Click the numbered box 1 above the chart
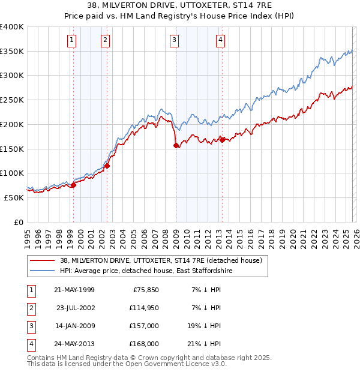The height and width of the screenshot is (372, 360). [71, 40]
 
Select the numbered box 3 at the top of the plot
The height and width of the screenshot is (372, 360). [174, 40]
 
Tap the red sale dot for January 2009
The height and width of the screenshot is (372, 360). [176, 145]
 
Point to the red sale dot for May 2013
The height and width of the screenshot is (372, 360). [222, 140]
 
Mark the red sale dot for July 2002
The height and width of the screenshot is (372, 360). [107, 166]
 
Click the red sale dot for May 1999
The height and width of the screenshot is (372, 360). [74, 185]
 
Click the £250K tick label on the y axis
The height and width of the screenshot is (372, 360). [12, 100]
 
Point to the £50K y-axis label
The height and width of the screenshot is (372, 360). [14, 197]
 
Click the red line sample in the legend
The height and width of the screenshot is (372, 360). [42, 261]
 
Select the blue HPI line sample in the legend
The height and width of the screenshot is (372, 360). [42, 271]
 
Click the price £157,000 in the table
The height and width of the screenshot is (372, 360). [145, 326]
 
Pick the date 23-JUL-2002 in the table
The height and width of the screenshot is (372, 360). [76, 308]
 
